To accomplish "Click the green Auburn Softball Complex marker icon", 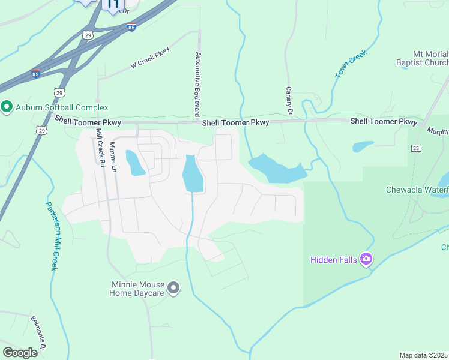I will tap(7, 107).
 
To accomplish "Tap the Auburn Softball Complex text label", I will tap(61, 107).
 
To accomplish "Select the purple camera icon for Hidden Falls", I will tap(366, 260).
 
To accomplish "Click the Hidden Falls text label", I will tap(333, 260).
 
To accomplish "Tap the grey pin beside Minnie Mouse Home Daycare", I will tap(173, 289).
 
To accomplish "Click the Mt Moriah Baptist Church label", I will tap(421, 58).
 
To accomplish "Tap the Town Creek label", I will tap(351, 64).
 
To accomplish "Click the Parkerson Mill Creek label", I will tap(51, 235).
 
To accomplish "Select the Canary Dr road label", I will tap(289, 100).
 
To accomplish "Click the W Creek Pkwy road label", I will tap(151, 59).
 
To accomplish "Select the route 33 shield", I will tap(416, 148).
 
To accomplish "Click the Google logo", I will tap(20, 353).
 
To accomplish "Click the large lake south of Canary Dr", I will tap(276, 169).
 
